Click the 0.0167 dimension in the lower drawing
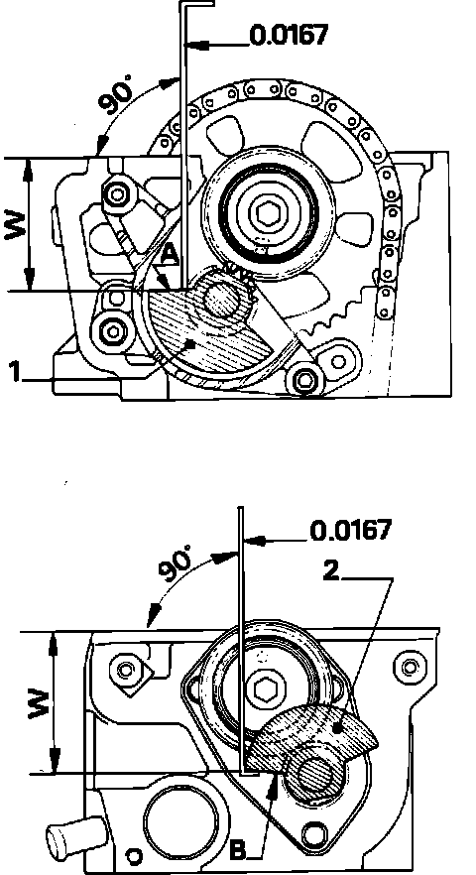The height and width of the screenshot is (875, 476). [350, 530]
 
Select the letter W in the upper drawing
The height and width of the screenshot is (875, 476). [15, 224]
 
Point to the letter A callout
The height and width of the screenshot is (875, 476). [170, 255]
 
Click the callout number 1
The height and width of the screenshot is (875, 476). [16, 372]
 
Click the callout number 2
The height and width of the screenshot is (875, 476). [331, 570]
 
